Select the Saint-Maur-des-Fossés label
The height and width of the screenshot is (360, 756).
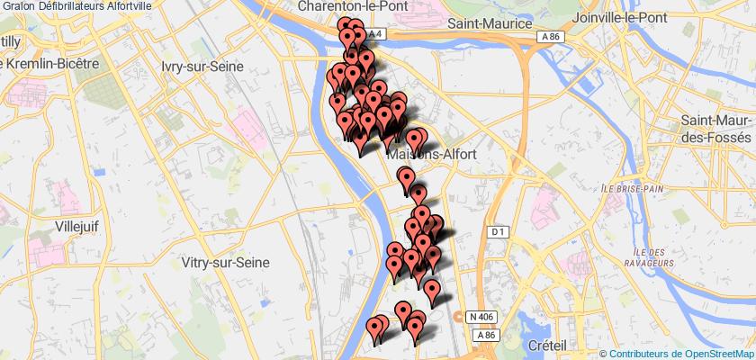[x=716, y=129]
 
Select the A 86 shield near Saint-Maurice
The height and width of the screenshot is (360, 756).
[x=552, y=36]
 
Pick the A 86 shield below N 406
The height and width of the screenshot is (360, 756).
[x=487, y=335]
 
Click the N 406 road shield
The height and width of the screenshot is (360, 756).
[x=481, y=315]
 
